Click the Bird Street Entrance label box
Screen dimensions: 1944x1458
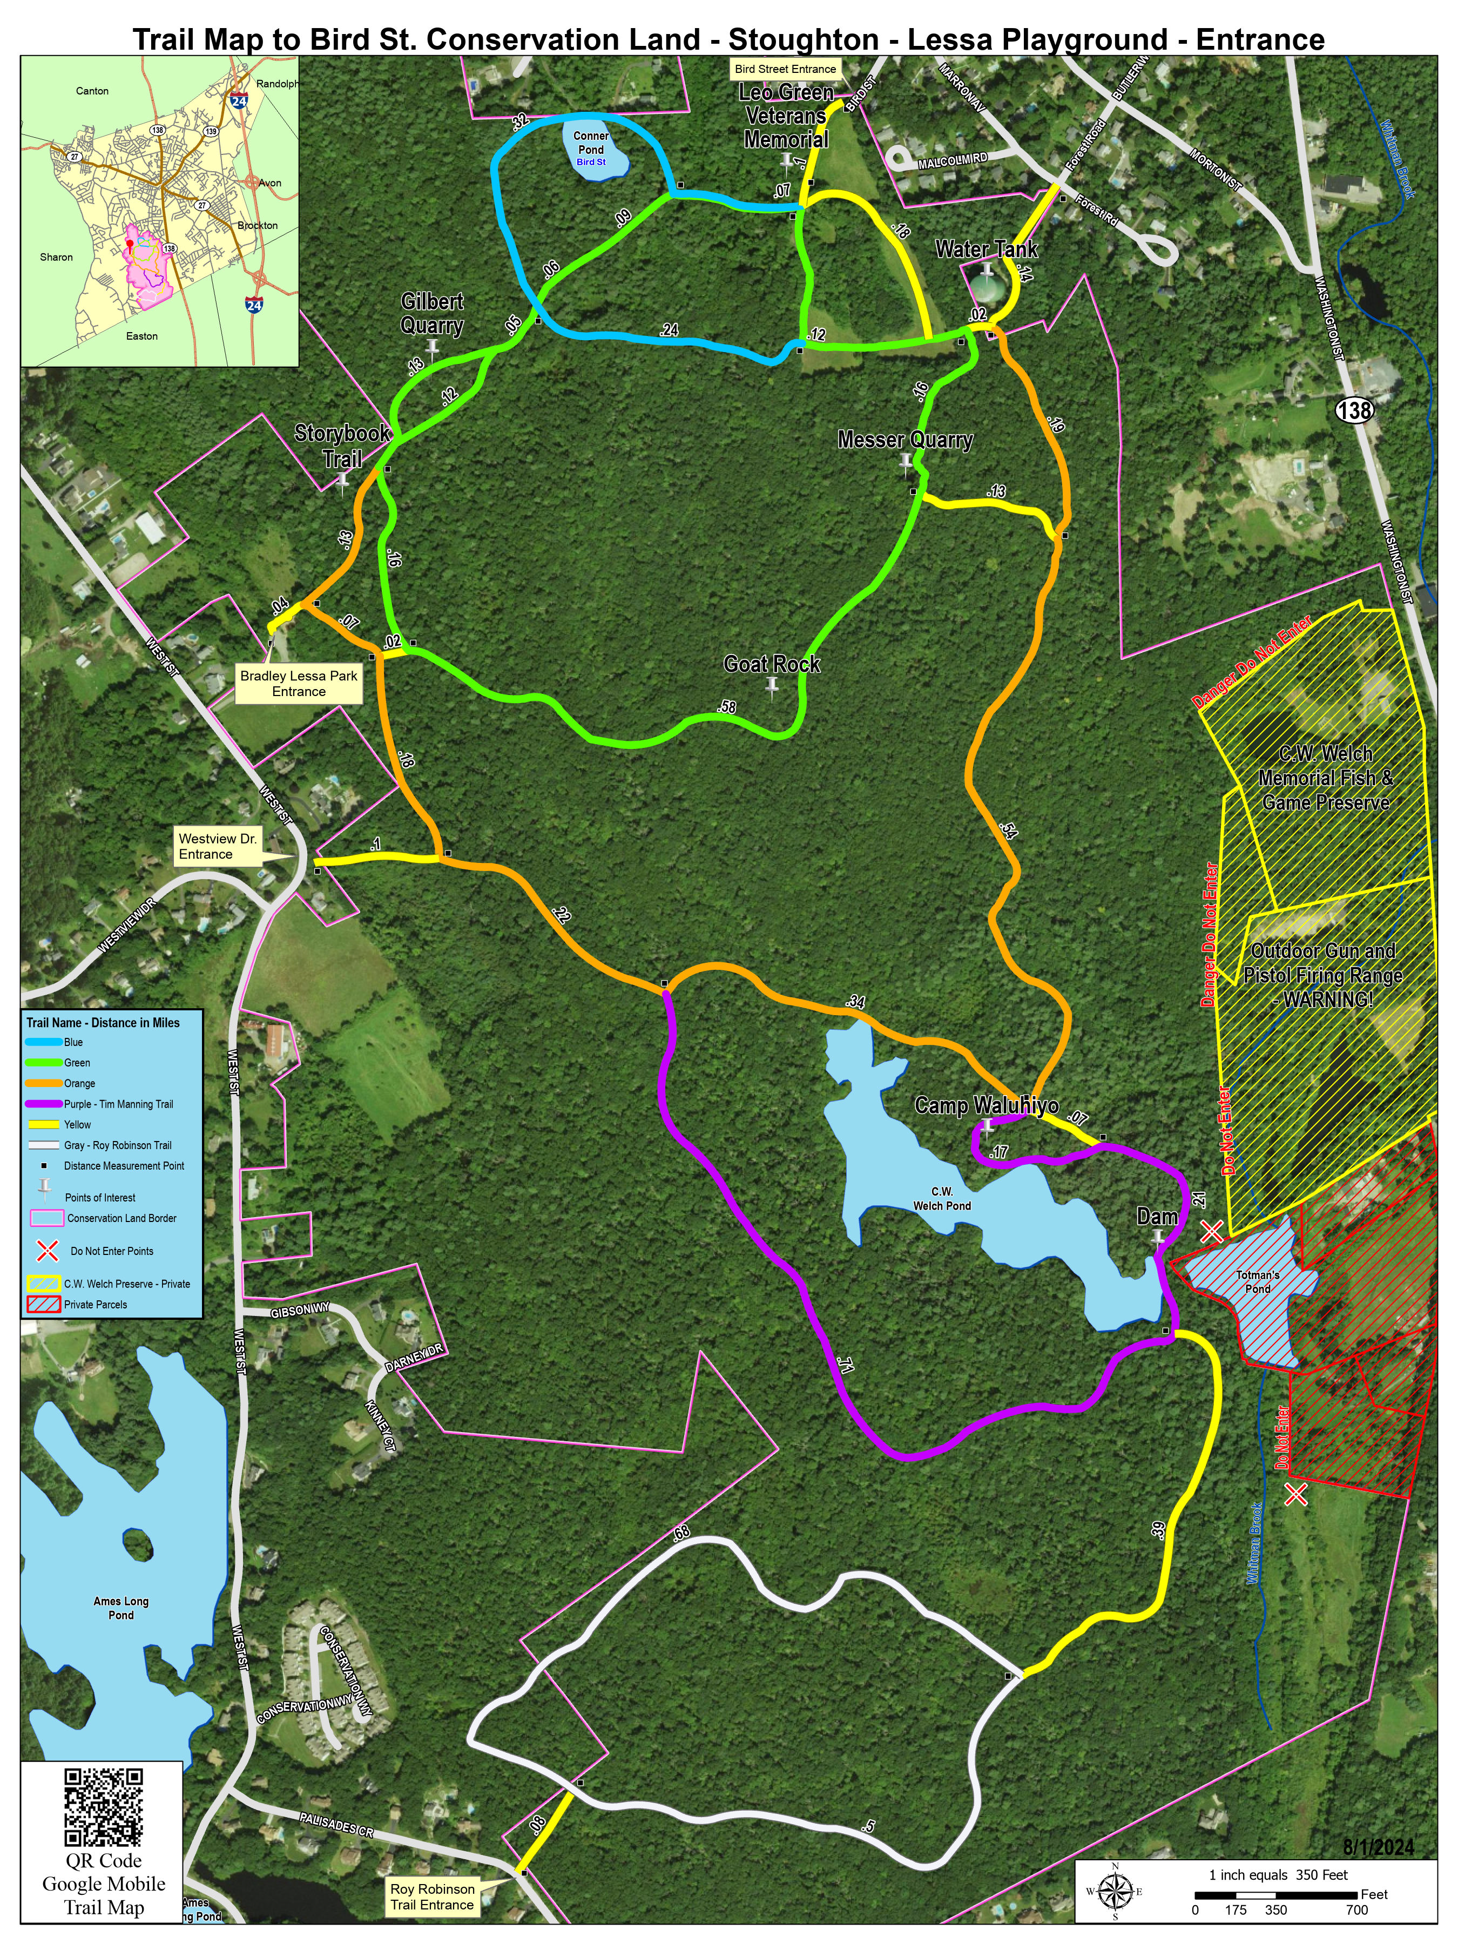tap(785, 69)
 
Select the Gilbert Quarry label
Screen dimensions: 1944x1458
tap(431, 314)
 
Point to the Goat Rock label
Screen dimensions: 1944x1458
tap(772, 664)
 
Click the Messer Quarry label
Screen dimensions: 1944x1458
tap(905, 440)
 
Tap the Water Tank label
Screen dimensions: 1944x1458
tap(986, 249)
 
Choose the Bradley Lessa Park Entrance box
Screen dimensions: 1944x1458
tap(299, 684)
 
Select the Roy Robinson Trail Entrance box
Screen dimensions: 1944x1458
tap(433, 1896)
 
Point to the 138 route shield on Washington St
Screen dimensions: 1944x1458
tap(1354, 410)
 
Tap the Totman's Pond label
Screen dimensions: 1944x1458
tap(1258, 1281)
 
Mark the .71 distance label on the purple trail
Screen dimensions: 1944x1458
tap(846, 1365)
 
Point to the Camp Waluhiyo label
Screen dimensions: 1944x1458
tap(986, 1105)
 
